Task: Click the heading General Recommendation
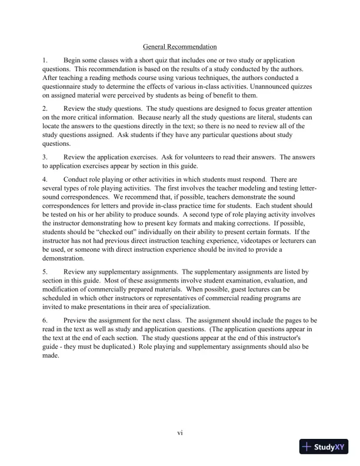pos(180,46)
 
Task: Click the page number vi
pos(181,433)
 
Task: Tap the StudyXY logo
pos(322,447)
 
